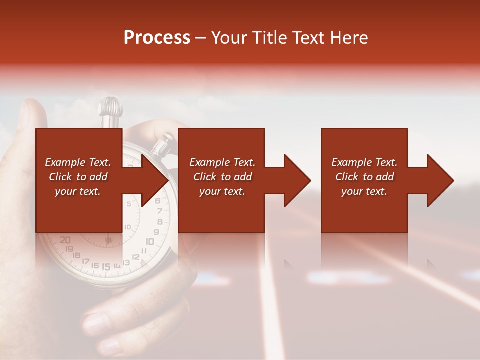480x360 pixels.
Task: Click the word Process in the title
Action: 157,38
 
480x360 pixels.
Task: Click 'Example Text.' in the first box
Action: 78,162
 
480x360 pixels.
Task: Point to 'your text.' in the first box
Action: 78,191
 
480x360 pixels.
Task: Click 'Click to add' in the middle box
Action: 222,177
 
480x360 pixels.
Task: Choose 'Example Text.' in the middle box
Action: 222,162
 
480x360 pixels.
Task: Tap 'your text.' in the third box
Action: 364,191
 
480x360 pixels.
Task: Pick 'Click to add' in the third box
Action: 364,177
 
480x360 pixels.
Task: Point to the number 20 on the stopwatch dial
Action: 65,240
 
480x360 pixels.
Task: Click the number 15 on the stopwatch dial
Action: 106,267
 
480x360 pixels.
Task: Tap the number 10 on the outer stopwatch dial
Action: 149,241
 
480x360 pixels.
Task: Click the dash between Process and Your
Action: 201,38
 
